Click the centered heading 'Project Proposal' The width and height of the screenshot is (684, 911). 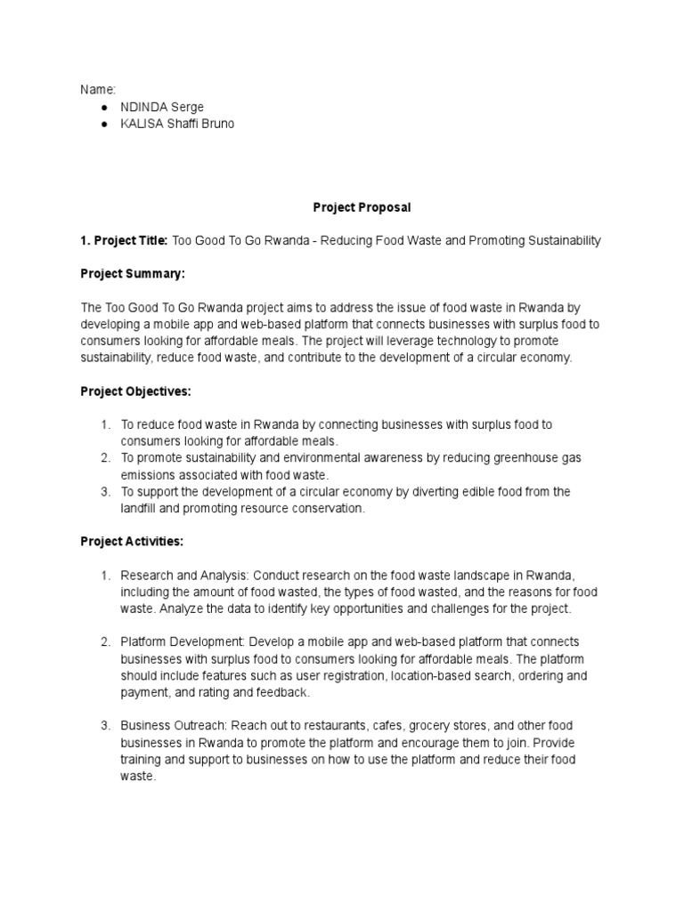(362, 207)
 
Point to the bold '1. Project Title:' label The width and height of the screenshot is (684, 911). (124, 240)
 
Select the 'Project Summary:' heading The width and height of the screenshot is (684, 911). (133, 274)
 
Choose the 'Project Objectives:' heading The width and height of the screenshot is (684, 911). (136, 391)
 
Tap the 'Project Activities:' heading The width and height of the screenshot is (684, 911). (133, 541)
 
